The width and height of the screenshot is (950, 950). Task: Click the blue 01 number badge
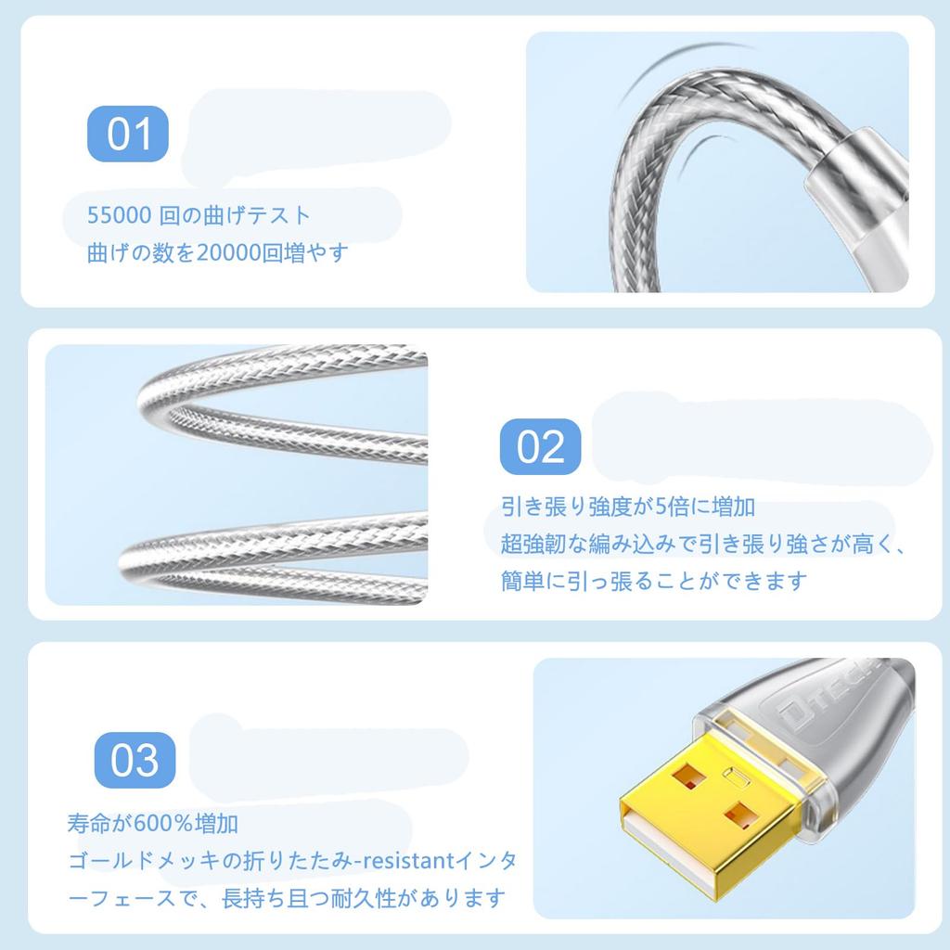point(129,135)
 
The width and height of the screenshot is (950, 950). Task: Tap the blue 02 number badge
point(541,446)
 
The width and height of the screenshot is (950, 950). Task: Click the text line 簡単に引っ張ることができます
point(654,582)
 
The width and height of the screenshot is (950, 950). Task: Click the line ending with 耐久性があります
point(288,898)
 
